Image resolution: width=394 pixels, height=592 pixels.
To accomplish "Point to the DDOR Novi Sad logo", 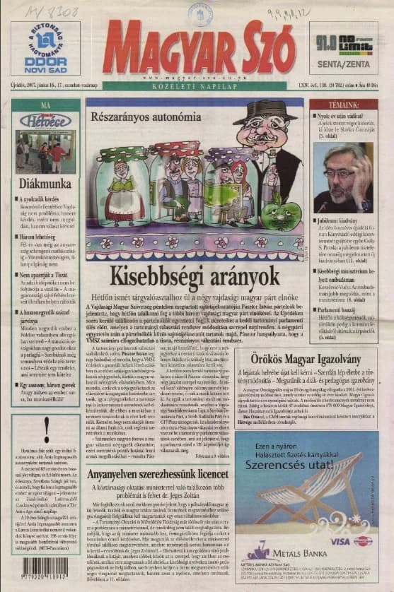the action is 45,48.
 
